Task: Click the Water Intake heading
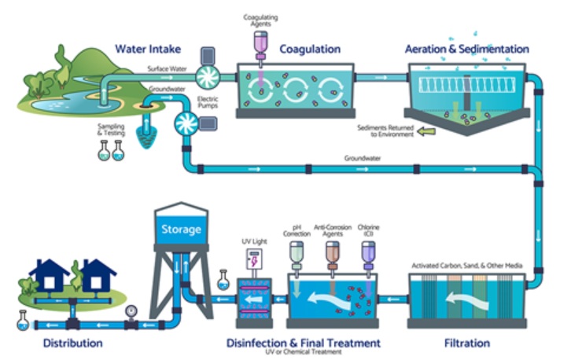tap(148, 49)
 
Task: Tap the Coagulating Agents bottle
tap(260, 45)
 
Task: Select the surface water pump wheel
tap(208, 77)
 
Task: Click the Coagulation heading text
tap(310, 50)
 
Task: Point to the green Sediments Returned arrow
tap(426, 131)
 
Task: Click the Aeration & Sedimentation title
tap(467, 49)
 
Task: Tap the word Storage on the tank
tap(181, 230)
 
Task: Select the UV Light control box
tap(254, 259)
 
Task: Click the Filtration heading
tap(467, 343)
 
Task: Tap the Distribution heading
tap(73, 343)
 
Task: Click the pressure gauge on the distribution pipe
tap(131, 311)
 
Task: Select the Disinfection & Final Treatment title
tap(304, 343)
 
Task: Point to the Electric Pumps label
tap(208, 102)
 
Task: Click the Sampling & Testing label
tap(111, 130)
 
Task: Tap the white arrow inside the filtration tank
tap(467, 300)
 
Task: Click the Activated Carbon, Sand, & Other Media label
tap(467, 266)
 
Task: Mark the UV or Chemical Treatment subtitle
tap(304, 352)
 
